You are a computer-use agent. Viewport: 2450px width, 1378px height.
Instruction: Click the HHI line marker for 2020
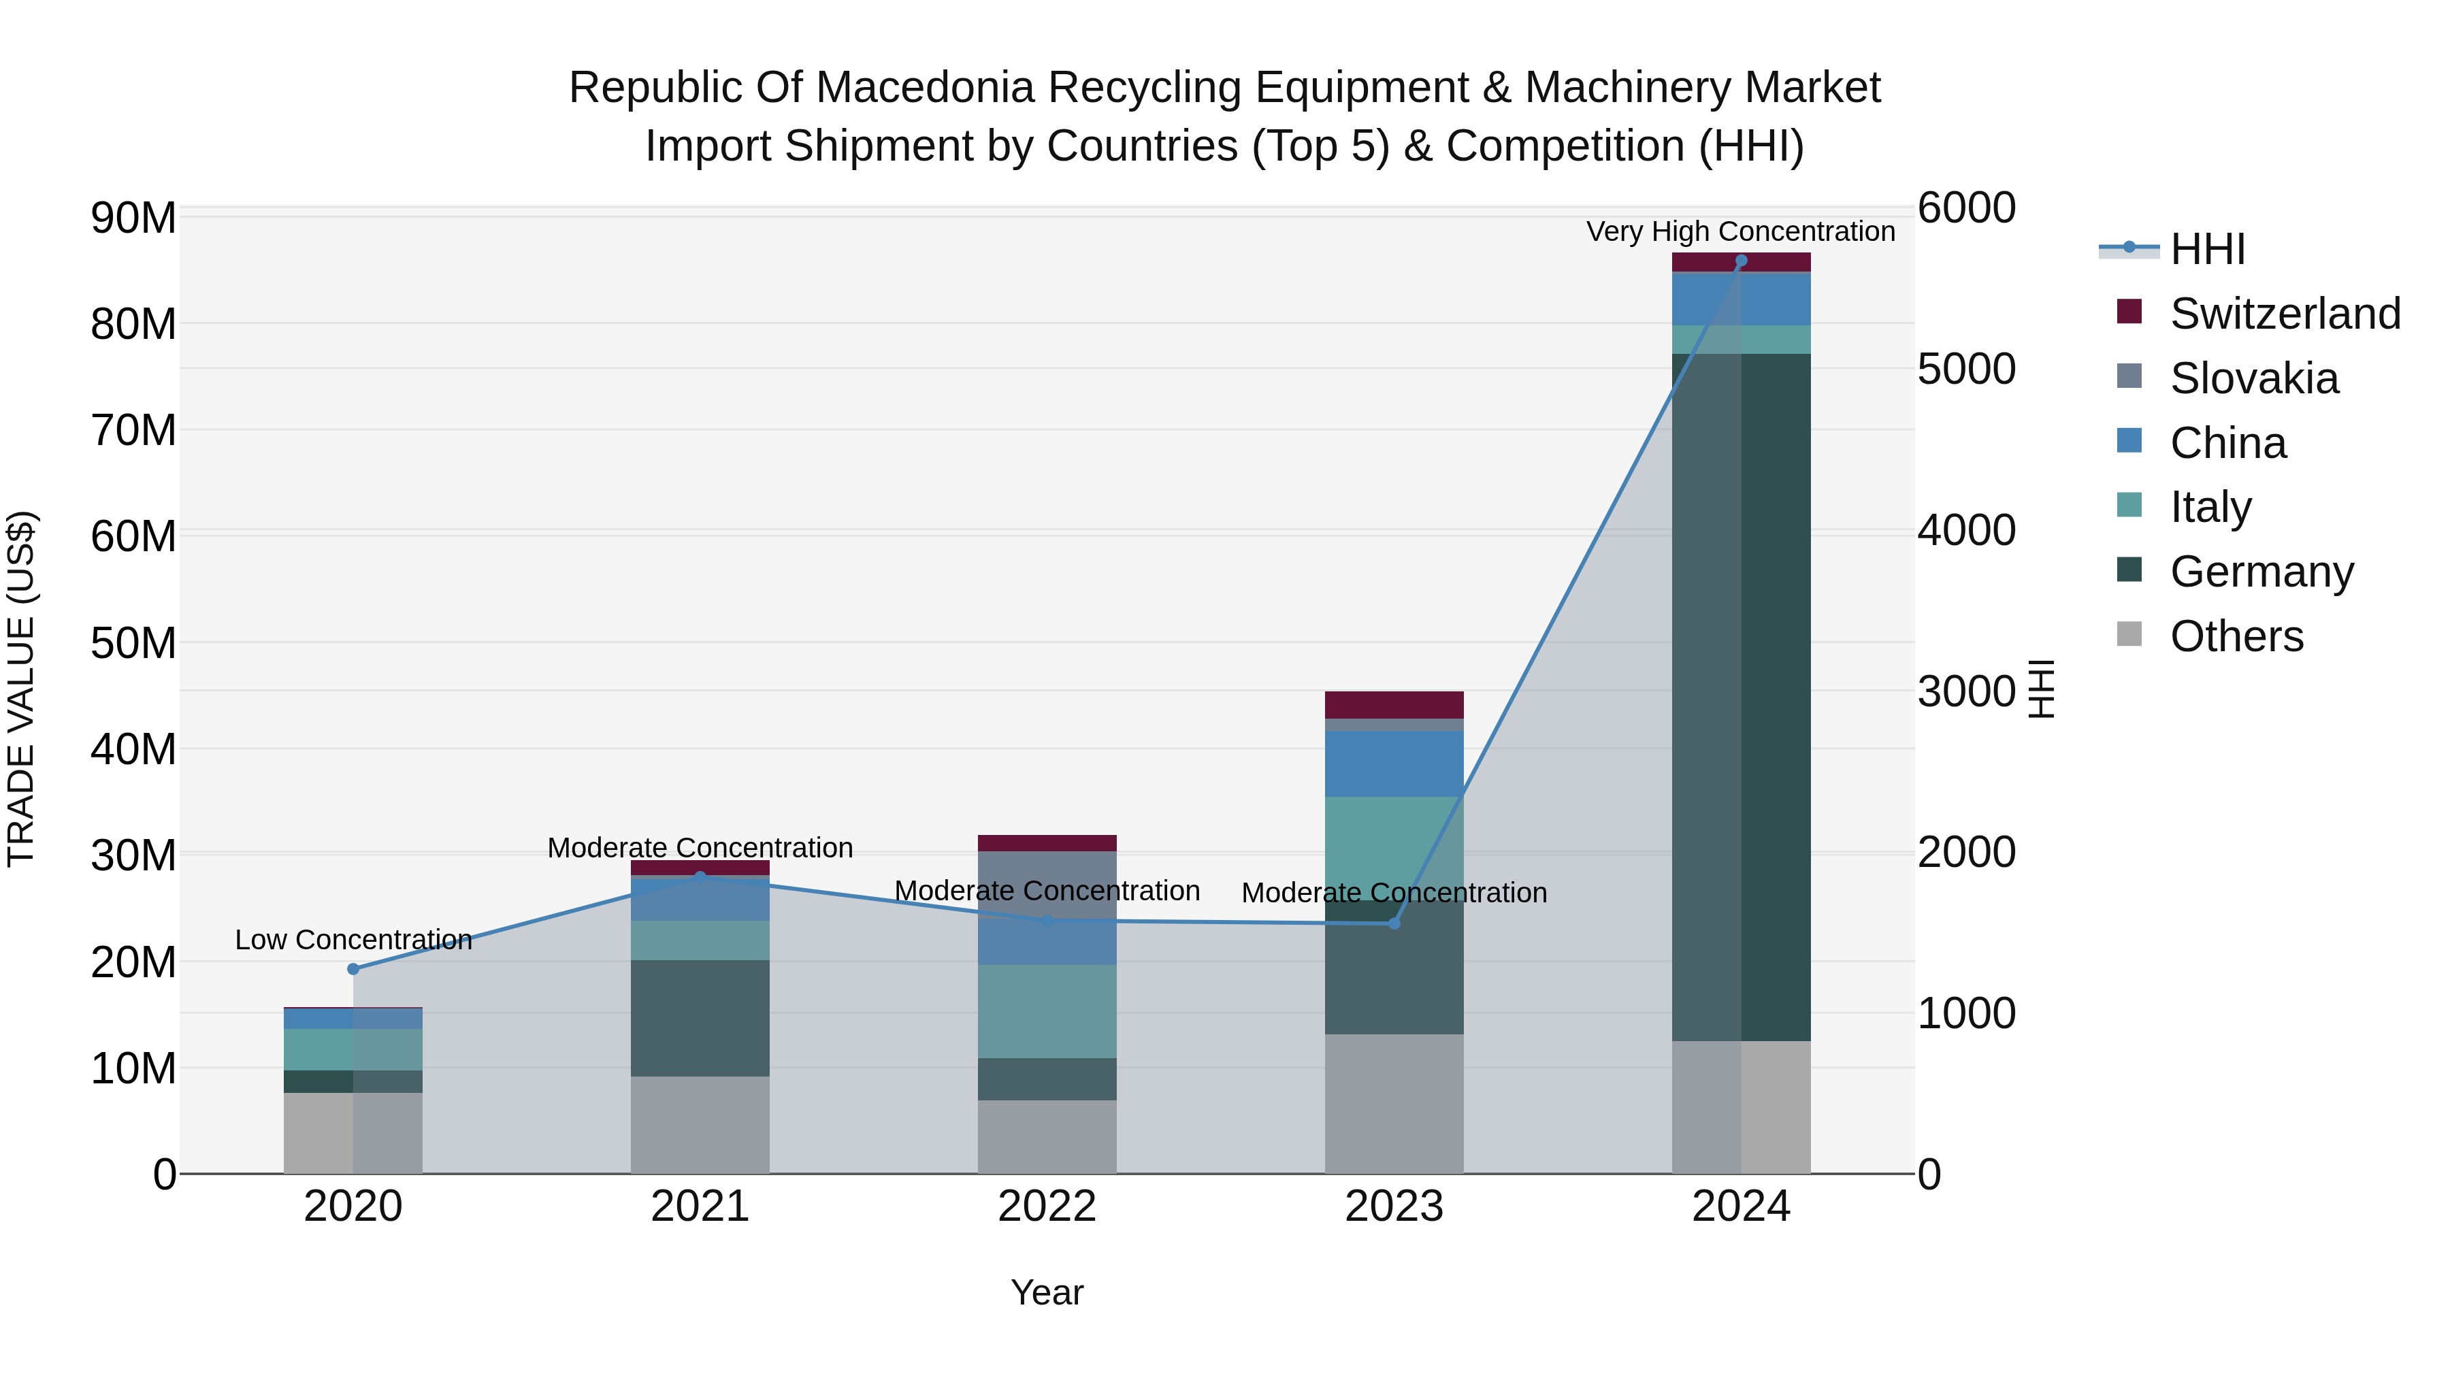(x=353, y=969)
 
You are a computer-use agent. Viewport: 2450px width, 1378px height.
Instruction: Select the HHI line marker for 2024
(x=1742, y=261)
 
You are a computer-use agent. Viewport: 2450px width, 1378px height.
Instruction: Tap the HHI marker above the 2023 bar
(x=1394, y=923)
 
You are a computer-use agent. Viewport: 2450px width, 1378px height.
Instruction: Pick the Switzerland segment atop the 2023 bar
(x=1394, y=705)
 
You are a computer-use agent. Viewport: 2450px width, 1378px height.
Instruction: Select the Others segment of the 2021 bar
(x=700, y=1124)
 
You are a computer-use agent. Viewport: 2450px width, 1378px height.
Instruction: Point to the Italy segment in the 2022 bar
(x=1047, y=1011)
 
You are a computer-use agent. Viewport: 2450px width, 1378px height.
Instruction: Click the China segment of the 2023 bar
(x=1394, y=763)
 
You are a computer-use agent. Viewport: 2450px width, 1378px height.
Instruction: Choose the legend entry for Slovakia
(x=2253, y=378)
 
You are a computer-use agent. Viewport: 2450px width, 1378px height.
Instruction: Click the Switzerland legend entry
(x=2285, y=314)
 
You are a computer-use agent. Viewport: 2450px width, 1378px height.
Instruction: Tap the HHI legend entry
(x=2206, y=249)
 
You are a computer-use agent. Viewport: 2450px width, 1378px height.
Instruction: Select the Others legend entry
(x=2236, y=636)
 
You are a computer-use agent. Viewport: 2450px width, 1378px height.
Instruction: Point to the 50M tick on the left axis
(x=133, y=644)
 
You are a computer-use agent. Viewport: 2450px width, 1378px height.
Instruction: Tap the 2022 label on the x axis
(x=1047, y=1207)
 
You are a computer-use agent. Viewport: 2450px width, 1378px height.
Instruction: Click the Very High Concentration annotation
(x=1740, y=231)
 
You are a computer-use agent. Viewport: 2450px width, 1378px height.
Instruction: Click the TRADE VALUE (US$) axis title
(x=21, y=689)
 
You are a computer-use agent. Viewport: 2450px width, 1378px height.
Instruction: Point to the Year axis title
(x=1047, y=1292)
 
